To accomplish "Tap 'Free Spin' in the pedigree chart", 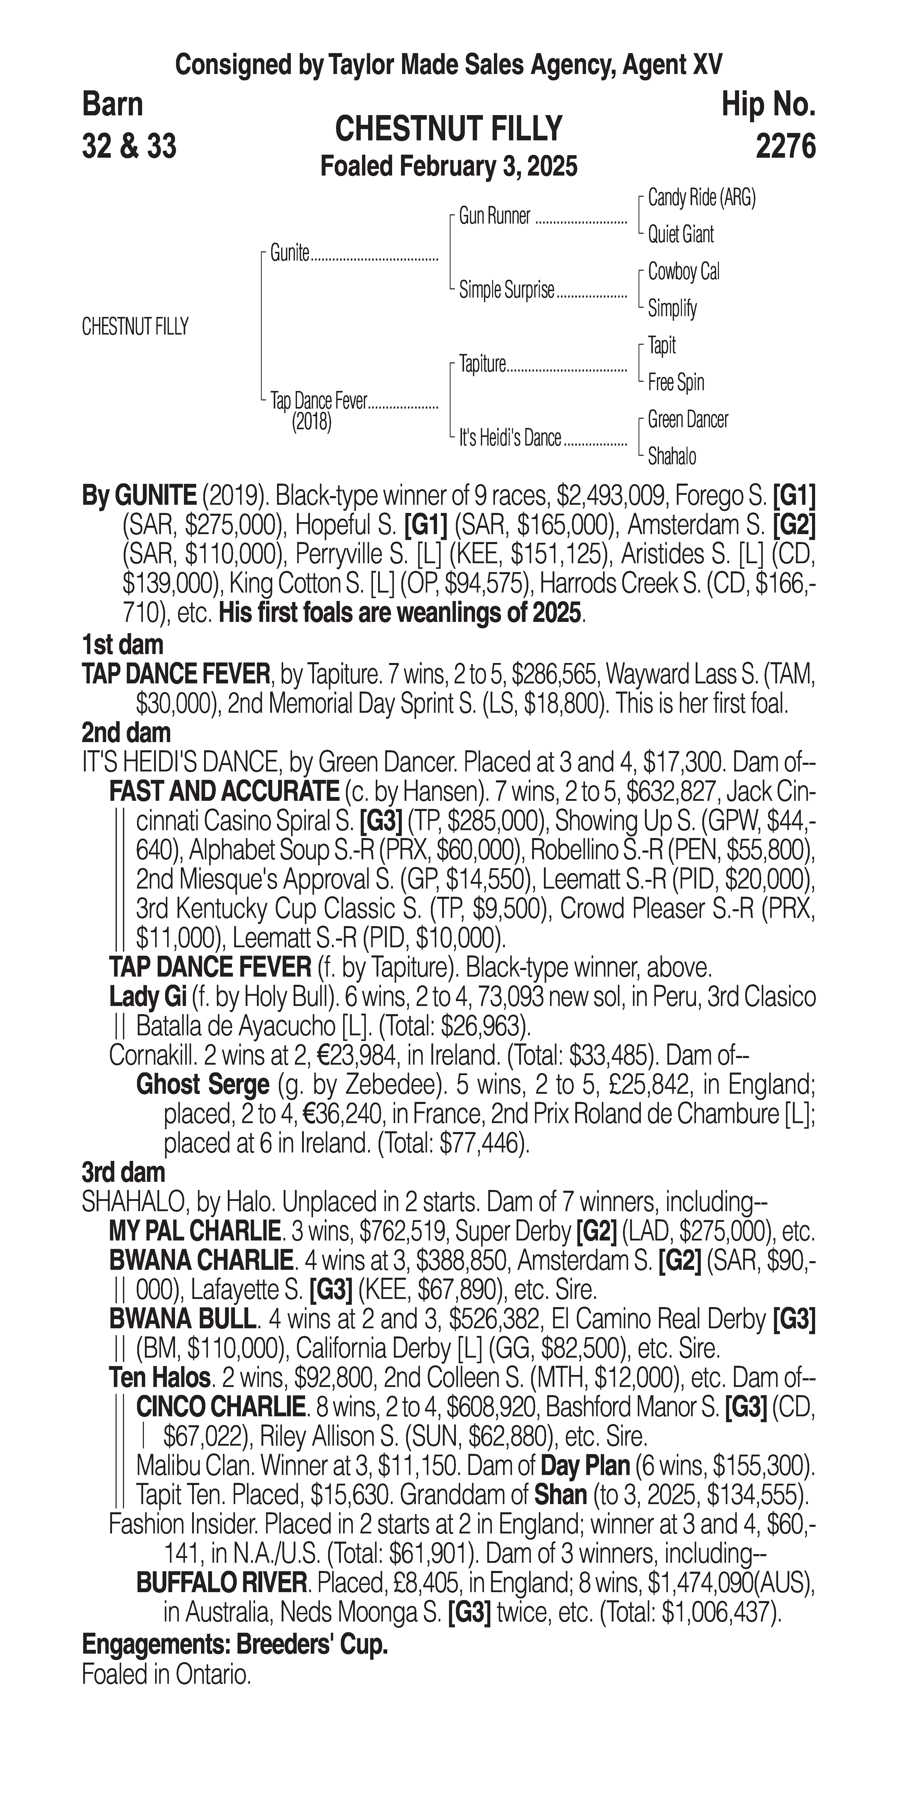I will [x=675, y=382].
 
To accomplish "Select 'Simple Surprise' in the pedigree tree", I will [x=506, y=290].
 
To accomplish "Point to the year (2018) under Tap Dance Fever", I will [x=311, y=422].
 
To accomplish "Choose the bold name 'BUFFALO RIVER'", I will [x=221, y=1584].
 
